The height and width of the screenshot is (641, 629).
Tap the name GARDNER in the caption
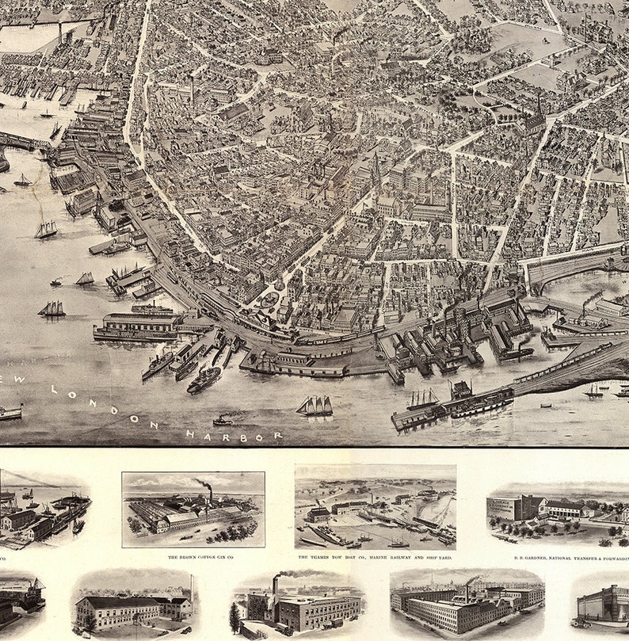click(532, 558)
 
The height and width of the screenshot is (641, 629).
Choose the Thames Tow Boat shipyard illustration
click(375, 507)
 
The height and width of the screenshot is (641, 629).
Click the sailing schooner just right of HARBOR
click(314, 406)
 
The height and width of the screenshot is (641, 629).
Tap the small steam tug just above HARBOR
click(223, 420)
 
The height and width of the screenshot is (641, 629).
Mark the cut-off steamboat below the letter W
click(10, 412)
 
